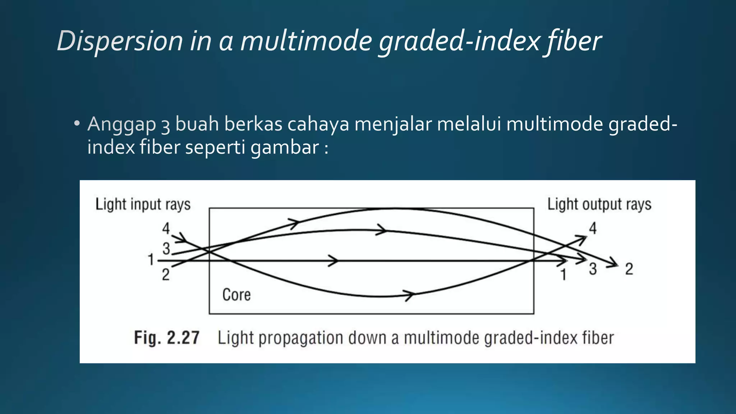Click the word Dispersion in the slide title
[x=120, y=41]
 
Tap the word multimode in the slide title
[x=306, y=41]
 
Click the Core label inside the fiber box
[x=236, y=295]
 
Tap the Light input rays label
[x=143, y=204]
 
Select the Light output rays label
[x=599, y=204]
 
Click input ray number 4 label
[x=166, y=228]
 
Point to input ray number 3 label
[x=166, y=248]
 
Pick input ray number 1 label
[x=151, y=259]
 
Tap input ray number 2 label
[x=165, y=275]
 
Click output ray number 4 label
[x=593, y=228]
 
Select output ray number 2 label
[x=629, y=269]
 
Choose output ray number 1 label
[x=563, y=275]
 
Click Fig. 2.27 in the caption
[x=166, y=338]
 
